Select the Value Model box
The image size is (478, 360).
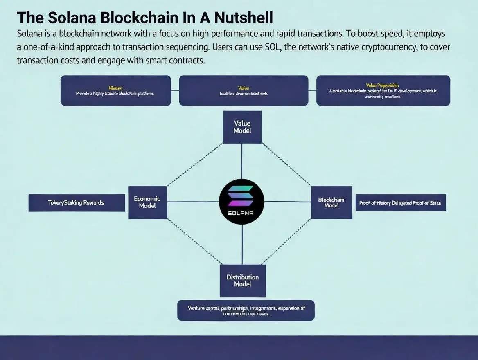(242, 127)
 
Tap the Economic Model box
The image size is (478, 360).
(147, 202)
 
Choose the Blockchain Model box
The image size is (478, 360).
(331, 202)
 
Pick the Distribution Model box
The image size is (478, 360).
(243, 281)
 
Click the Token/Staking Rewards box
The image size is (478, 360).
(77, 203)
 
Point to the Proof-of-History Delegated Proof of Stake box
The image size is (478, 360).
(400, 203)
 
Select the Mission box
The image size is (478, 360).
(115, 90)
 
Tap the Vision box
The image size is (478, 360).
(244, 90)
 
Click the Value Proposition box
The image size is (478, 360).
(383, 90)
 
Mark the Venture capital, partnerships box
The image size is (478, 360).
(246, 310)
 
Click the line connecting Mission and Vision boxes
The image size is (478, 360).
(175, 90)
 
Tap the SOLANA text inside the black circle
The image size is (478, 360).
(241, 213)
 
